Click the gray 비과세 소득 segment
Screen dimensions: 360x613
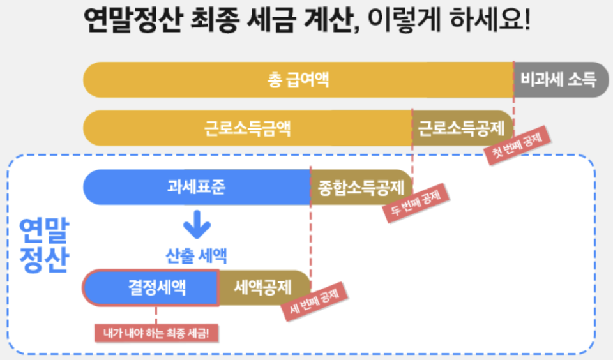coord(559,80)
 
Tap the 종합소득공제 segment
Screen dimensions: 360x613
coord(361,187)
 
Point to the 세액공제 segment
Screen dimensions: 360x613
coord(263,288)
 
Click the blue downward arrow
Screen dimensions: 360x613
coord(196,225)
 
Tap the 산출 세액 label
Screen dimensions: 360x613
coord(196,257)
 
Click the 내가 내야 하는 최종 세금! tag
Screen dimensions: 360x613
coord(156,333)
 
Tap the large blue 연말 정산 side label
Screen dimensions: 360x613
coord(43,245)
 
